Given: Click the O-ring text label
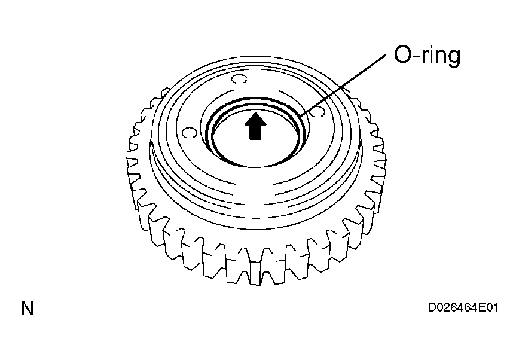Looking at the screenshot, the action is (427, 55).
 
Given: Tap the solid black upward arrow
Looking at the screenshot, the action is (255, 126).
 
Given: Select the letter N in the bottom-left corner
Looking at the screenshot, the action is (27, 309).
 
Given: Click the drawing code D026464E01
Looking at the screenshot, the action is (463, 307).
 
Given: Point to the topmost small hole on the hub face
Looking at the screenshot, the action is (239, 80).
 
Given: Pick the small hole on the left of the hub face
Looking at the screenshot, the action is (190, 133).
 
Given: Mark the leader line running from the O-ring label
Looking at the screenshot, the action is (343, 86).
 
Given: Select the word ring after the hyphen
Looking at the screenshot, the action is (440, 56).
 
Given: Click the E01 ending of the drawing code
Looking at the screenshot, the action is (488, 307).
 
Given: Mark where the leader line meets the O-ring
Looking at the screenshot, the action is (300, 117).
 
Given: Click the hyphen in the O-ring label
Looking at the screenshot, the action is (416, 56).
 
